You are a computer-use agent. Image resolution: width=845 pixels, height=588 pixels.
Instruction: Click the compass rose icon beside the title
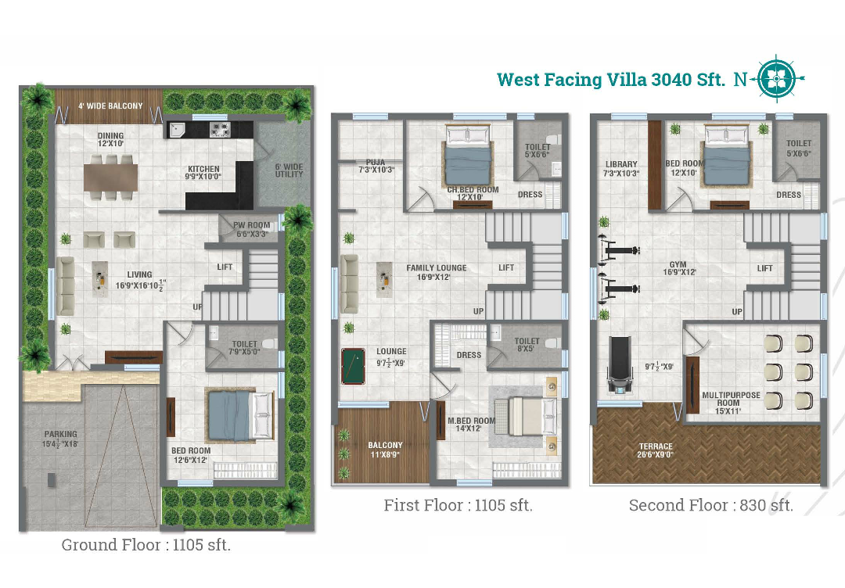(x=777, y=79)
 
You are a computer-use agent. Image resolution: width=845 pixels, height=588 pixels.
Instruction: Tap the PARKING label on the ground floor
(x=60, y=434)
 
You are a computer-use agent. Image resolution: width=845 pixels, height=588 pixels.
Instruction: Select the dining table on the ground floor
(x=110, y=177)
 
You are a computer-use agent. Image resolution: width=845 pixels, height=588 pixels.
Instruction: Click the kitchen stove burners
(x=220, y=129)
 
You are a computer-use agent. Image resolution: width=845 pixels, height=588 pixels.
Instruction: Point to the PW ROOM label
(x=252, y=225)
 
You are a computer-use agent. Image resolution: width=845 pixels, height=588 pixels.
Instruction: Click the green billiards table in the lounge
(x=353, y=366)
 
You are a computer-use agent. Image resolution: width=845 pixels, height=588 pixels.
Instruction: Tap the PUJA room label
(x=376, y=163)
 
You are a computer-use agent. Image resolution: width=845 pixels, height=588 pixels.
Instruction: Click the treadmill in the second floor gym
(x=619, y=365)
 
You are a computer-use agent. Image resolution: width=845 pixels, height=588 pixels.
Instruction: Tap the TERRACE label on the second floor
(x=656, y=446)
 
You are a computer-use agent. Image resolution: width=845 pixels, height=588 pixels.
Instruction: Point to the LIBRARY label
(x=621, y=164)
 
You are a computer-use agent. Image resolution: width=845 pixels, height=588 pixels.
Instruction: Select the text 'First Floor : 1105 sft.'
(x=458, y=505)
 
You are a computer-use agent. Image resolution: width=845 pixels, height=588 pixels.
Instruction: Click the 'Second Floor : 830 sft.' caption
(x=710, y=505)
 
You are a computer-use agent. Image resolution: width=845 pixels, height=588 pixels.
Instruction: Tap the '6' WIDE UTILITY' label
(x=289, y=170)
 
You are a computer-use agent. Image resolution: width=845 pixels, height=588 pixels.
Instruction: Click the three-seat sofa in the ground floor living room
(x=65, y=286)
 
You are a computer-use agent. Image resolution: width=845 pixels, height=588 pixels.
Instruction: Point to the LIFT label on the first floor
(x=506, y=267)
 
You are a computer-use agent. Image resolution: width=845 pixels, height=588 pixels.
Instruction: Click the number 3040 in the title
(x=671, y=80)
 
